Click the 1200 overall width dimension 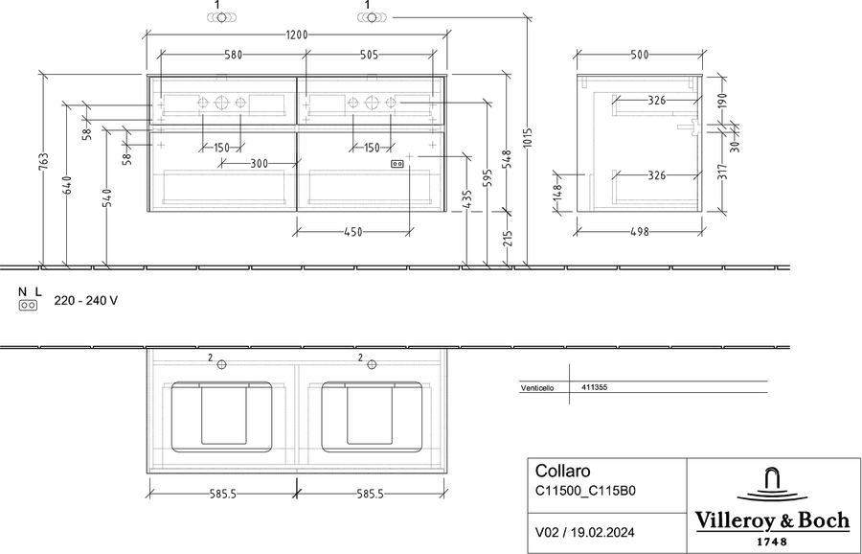pyautogui.click(x=296, y=35)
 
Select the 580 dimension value pyautogui.click(x=233, y=55)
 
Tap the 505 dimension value pyautogui.click(x=369, y=55)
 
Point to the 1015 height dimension pyautogui.click(x=527, y=140)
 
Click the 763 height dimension pyautogui.click(x=44, y=162)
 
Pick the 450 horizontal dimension pyautogui.click(x=352, y=232)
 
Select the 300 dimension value pyautogui.click(x=259, y=163)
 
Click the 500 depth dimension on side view pyautogui.click(x=640, y=55)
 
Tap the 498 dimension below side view pyautogui.click(x=640, y=232)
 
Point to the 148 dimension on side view pyautogui.click(x=557, y=193)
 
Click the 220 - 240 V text pyautogui.click(x=86, y=300)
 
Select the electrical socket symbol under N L pyautogui.click(x=28, y=306)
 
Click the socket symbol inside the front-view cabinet pyautogui.click(x=397, y=164)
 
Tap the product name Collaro pyautogui.click(x=563, y=471)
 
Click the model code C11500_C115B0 pyautogui.click(x=585, y=491)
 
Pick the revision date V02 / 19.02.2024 pyautogui.click(x=585, y=533)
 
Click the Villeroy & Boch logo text pyautogui.click(x=772, y=519)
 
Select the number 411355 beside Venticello pyautogui.click(x=594, y=387)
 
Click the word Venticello pyautogui.click(x=537, y=388)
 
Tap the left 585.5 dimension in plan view pyautogui.click(x=222, y=494)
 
